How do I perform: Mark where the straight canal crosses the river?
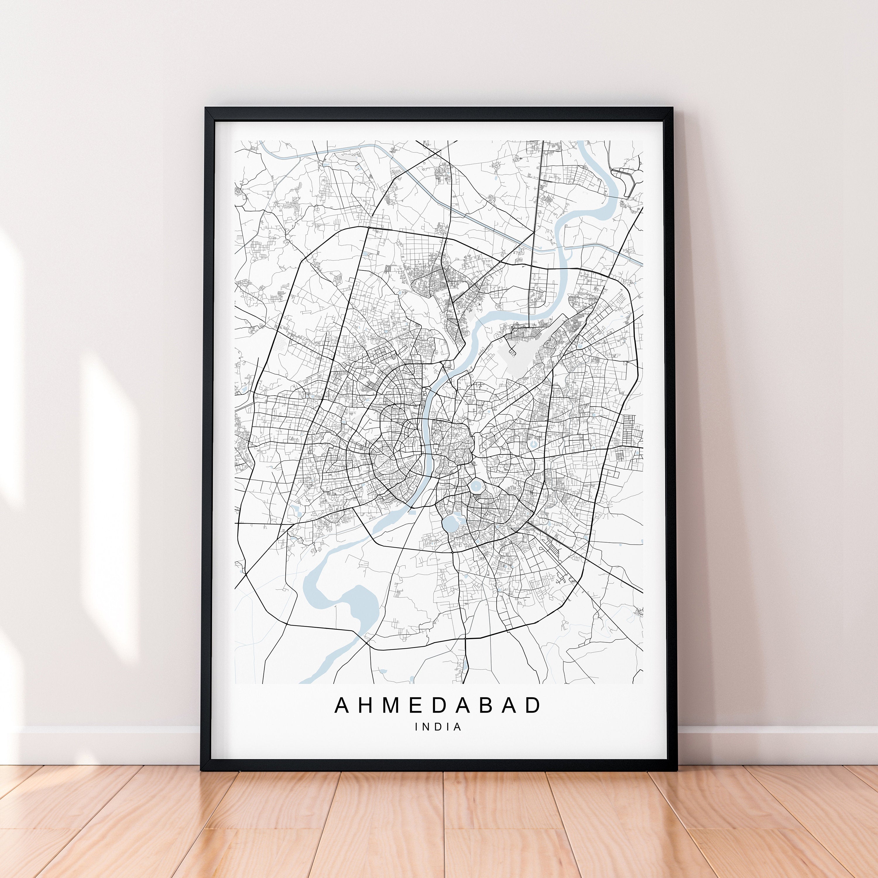[x=560, y=249]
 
